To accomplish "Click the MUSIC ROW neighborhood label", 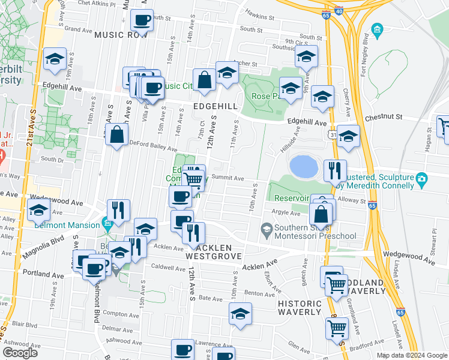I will point(121,35).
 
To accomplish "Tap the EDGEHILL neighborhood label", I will point(215,106).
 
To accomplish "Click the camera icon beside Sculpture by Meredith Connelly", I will point(422,178).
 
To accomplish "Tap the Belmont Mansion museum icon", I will point(107,225).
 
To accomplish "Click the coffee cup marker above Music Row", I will point(142,21).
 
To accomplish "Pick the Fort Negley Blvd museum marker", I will point(377,29).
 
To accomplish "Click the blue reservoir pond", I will point(303,166).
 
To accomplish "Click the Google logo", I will point(20,353).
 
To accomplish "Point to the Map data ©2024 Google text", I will point(412,355).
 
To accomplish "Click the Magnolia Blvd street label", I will point(44,247).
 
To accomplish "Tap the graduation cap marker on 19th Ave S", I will point(55,59).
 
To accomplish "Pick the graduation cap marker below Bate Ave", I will point(240,314).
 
